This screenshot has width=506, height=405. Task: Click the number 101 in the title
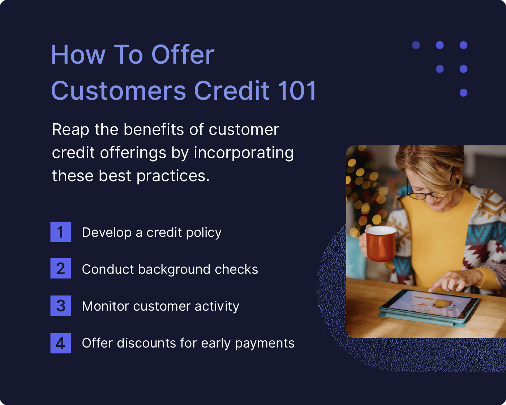[x=297, y=90]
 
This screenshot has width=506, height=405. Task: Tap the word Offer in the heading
[x=183, y=55]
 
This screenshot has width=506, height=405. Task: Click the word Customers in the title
[x=119, y=90]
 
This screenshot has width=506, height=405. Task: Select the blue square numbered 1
[x=60, y=232]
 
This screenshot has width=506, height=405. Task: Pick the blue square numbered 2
[x=60, y=268]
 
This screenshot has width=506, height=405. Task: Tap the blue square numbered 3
[x=60, y=306]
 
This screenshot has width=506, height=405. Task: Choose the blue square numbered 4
[x=60, y=343]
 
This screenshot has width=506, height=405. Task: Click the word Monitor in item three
[x=105, y=306]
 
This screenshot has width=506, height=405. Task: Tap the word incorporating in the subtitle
[x=244, y=153]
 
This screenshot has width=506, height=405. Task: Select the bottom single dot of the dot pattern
[x=463, y=93]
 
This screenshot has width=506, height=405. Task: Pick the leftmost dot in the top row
[x=416, y=45]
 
